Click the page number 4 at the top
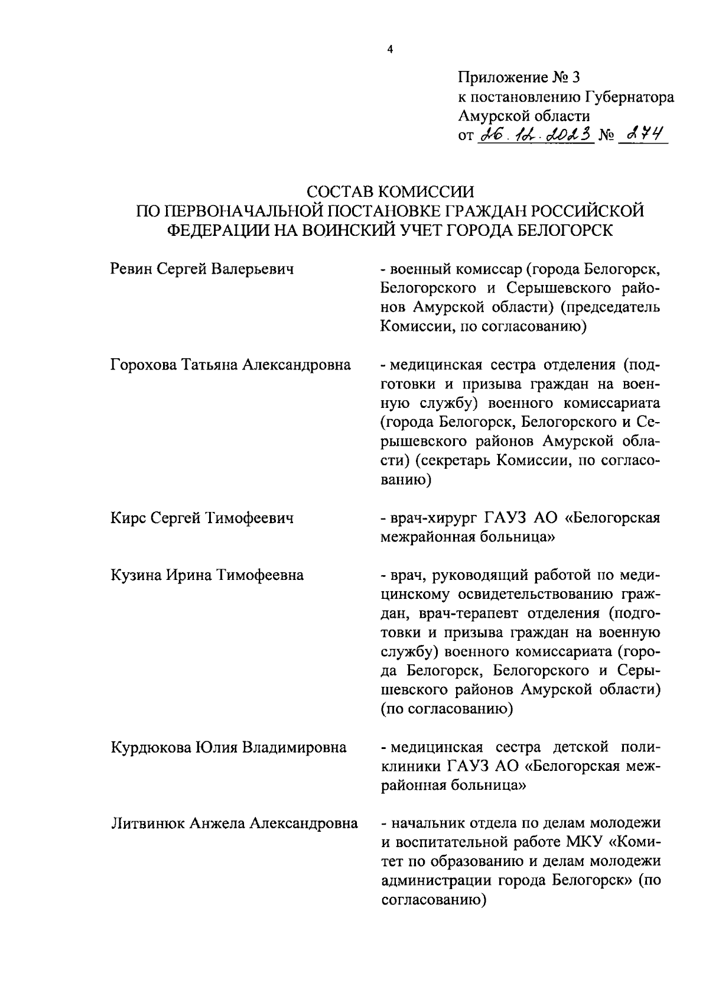[389, 50]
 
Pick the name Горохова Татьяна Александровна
[230, 365]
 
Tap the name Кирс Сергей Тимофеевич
[202, 518]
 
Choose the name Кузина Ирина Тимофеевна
[207, 575]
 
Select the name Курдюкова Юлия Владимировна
[228, 747]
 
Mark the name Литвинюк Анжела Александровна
[234, 823]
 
